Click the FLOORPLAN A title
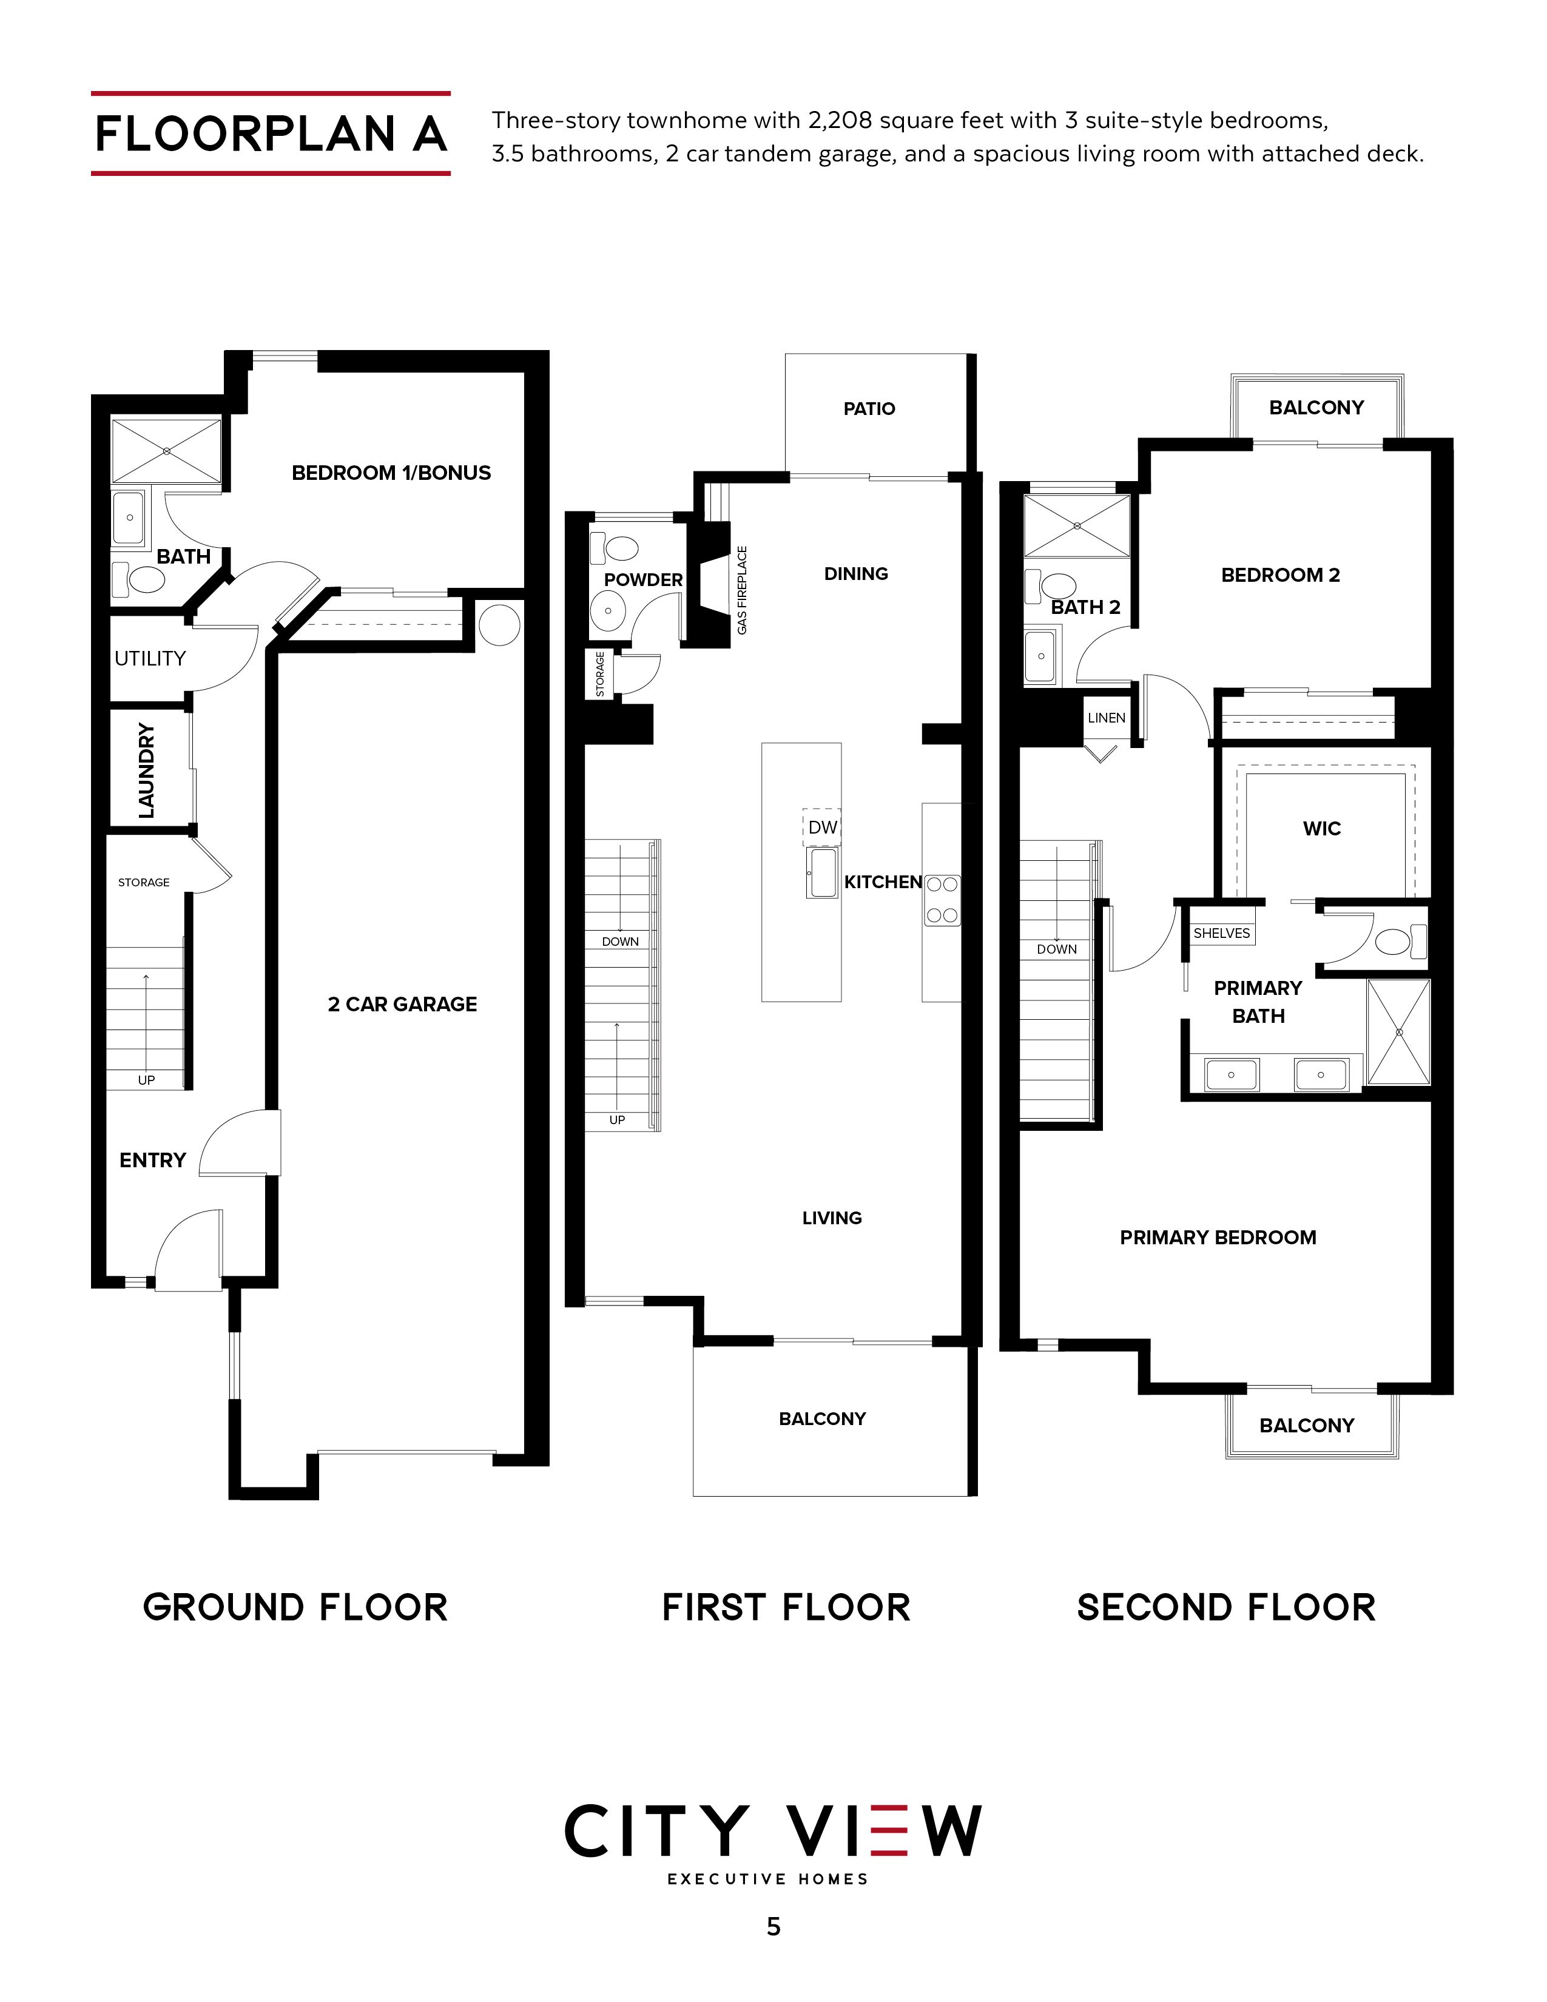click(x=271, y=134)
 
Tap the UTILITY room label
click(x=150, y=658)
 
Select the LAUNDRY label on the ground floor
click(x=146, y=770)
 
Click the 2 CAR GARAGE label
click(x=402, y=1004)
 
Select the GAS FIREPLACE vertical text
click(x=743, y=590)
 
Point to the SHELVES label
click(x=1222, y=932)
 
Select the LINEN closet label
click(x=1106, y=717)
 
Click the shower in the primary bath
click(x=1398, y=1031)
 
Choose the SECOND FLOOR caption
click(x=1226, y=1607)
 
